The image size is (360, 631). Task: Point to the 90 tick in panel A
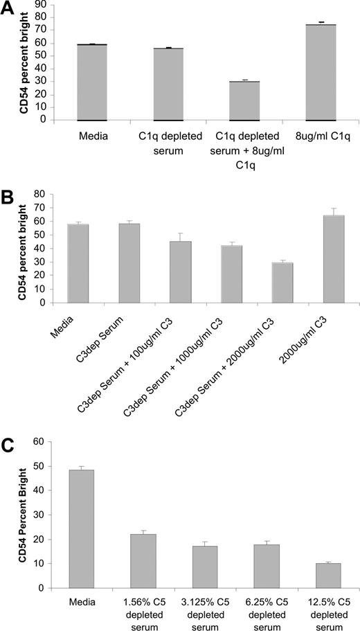42,5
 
